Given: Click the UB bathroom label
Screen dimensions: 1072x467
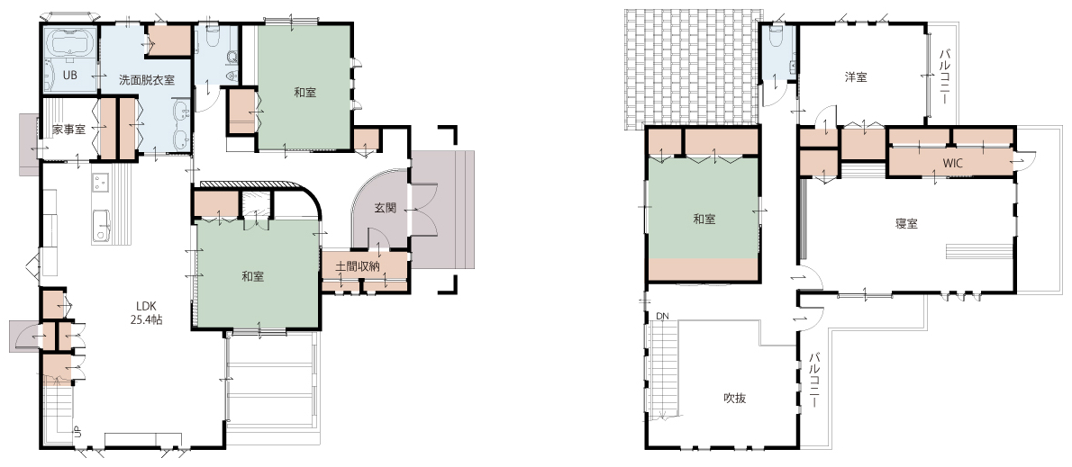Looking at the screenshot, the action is (x=69, y=75).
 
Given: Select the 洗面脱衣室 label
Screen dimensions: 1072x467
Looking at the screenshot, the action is (x=146, y=80).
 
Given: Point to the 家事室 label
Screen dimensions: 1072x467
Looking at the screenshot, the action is (x=69, y=129).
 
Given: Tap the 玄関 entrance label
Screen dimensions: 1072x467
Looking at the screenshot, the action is (x=386, y=208).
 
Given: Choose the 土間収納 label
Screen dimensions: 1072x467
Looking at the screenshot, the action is (x=358, y=265).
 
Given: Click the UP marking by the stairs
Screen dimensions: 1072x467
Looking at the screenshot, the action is (x=77, y=431).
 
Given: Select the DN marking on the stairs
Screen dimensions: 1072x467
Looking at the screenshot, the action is (x=661, y=316).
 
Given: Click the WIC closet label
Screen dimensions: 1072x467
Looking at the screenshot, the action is (x=952, y=164).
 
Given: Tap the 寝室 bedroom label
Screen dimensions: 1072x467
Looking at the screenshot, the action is (x=906, y=223).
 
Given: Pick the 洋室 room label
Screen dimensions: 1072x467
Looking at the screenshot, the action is (x=855, y=77).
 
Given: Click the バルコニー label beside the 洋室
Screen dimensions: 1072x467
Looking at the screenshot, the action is (x=944, y=75).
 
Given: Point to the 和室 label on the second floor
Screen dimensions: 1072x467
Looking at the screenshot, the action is (x=704, y=220).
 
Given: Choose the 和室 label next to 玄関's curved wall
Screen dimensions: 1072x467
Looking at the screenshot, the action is (x=253, y=276).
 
